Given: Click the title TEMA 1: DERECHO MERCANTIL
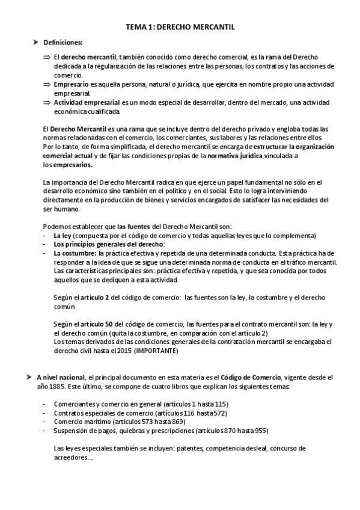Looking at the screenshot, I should click(180, 27).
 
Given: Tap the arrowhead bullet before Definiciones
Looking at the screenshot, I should click(36, 41).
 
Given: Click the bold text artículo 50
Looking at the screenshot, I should click(97, 324).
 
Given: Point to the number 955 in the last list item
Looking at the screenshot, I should click(260, 431).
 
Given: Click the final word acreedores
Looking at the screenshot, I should click(72, 457).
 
